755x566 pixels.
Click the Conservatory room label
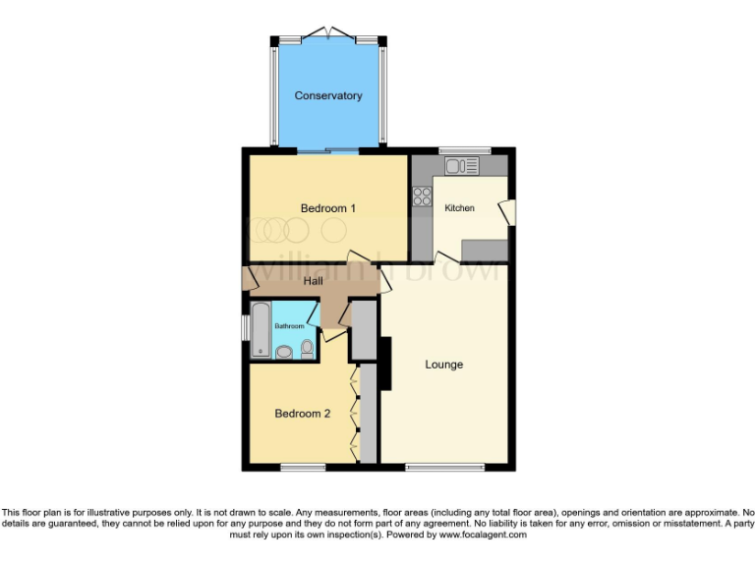click(x=328, y=95)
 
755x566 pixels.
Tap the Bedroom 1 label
click(x=327, y=208)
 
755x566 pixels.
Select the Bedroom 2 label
click(x=302, y=414)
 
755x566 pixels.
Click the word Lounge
click(x=443, y=365)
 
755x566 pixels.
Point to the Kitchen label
click(x=459, y=208)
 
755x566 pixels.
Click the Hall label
click(x=314, y=281)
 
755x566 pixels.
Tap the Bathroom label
click(x=289, y=326)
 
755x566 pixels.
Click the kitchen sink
click(x=460, y=166)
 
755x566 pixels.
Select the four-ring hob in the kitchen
click(x=422, y=197)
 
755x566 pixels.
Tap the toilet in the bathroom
click(x=307, y=348)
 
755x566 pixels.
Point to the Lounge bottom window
click(x=436, y=467)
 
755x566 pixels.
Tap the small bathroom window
click(x=246, y=327)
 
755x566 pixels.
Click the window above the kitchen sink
click(x=458, y=150)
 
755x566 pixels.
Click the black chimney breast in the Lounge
click(x=386, y=363)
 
